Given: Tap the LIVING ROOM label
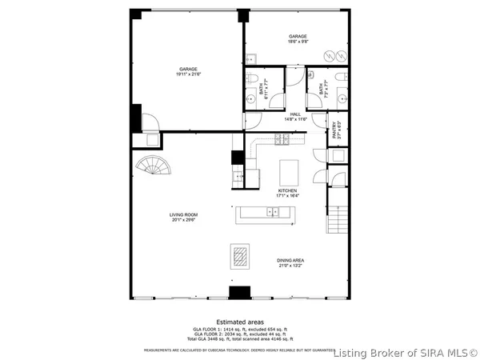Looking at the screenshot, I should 183,214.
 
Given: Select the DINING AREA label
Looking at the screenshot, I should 290,260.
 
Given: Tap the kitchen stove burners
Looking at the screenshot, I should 282,140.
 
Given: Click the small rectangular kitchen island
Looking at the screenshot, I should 288,171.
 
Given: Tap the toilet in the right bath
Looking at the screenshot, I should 342,77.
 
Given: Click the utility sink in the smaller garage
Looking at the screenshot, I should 250,58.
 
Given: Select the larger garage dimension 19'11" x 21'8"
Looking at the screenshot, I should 189,74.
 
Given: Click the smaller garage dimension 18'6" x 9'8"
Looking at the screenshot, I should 298,42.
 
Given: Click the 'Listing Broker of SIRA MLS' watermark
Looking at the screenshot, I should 406,352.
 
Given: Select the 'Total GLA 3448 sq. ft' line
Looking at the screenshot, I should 240,339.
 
